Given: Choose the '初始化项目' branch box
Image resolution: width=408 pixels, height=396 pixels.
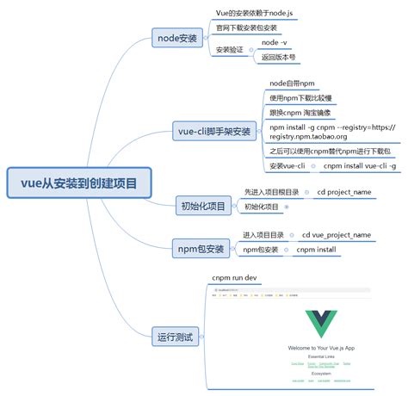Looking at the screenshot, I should [x=203, y=206].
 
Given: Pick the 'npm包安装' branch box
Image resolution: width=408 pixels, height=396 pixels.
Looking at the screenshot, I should [x=201, y=250].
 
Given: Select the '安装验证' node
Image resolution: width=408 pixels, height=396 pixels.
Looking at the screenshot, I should [x=230, y=50].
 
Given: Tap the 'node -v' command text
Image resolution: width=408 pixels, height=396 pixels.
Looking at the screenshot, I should [x=275, y=42].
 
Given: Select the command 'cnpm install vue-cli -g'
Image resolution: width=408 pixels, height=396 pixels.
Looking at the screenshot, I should [x=360, y=164].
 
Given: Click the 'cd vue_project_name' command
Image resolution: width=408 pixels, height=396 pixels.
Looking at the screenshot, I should [x=337, y=234].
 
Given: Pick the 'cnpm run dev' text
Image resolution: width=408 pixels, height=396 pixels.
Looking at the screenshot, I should [x=234, y=278].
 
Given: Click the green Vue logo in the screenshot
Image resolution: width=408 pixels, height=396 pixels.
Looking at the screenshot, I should [x=325, y=326].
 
